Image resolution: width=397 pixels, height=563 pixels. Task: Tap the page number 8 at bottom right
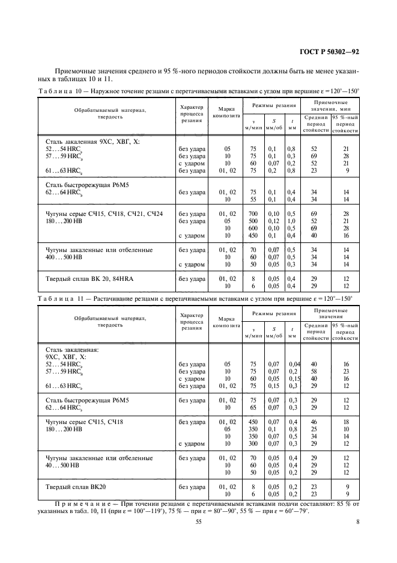[357, 521]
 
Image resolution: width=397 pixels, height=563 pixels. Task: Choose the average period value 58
[313, 371]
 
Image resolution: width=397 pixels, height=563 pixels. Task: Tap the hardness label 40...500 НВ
[70, 465]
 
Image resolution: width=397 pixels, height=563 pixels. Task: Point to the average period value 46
[313, 422]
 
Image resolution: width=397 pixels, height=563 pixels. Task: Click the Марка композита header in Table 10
[226, 112]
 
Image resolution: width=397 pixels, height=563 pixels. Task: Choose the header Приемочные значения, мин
[335, 106]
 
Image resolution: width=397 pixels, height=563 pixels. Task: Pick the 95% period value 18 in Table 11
[346, 422]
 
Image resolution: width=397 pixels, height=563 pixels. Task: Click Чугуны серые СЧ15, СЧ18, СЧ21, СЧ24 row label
[104, 214]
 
